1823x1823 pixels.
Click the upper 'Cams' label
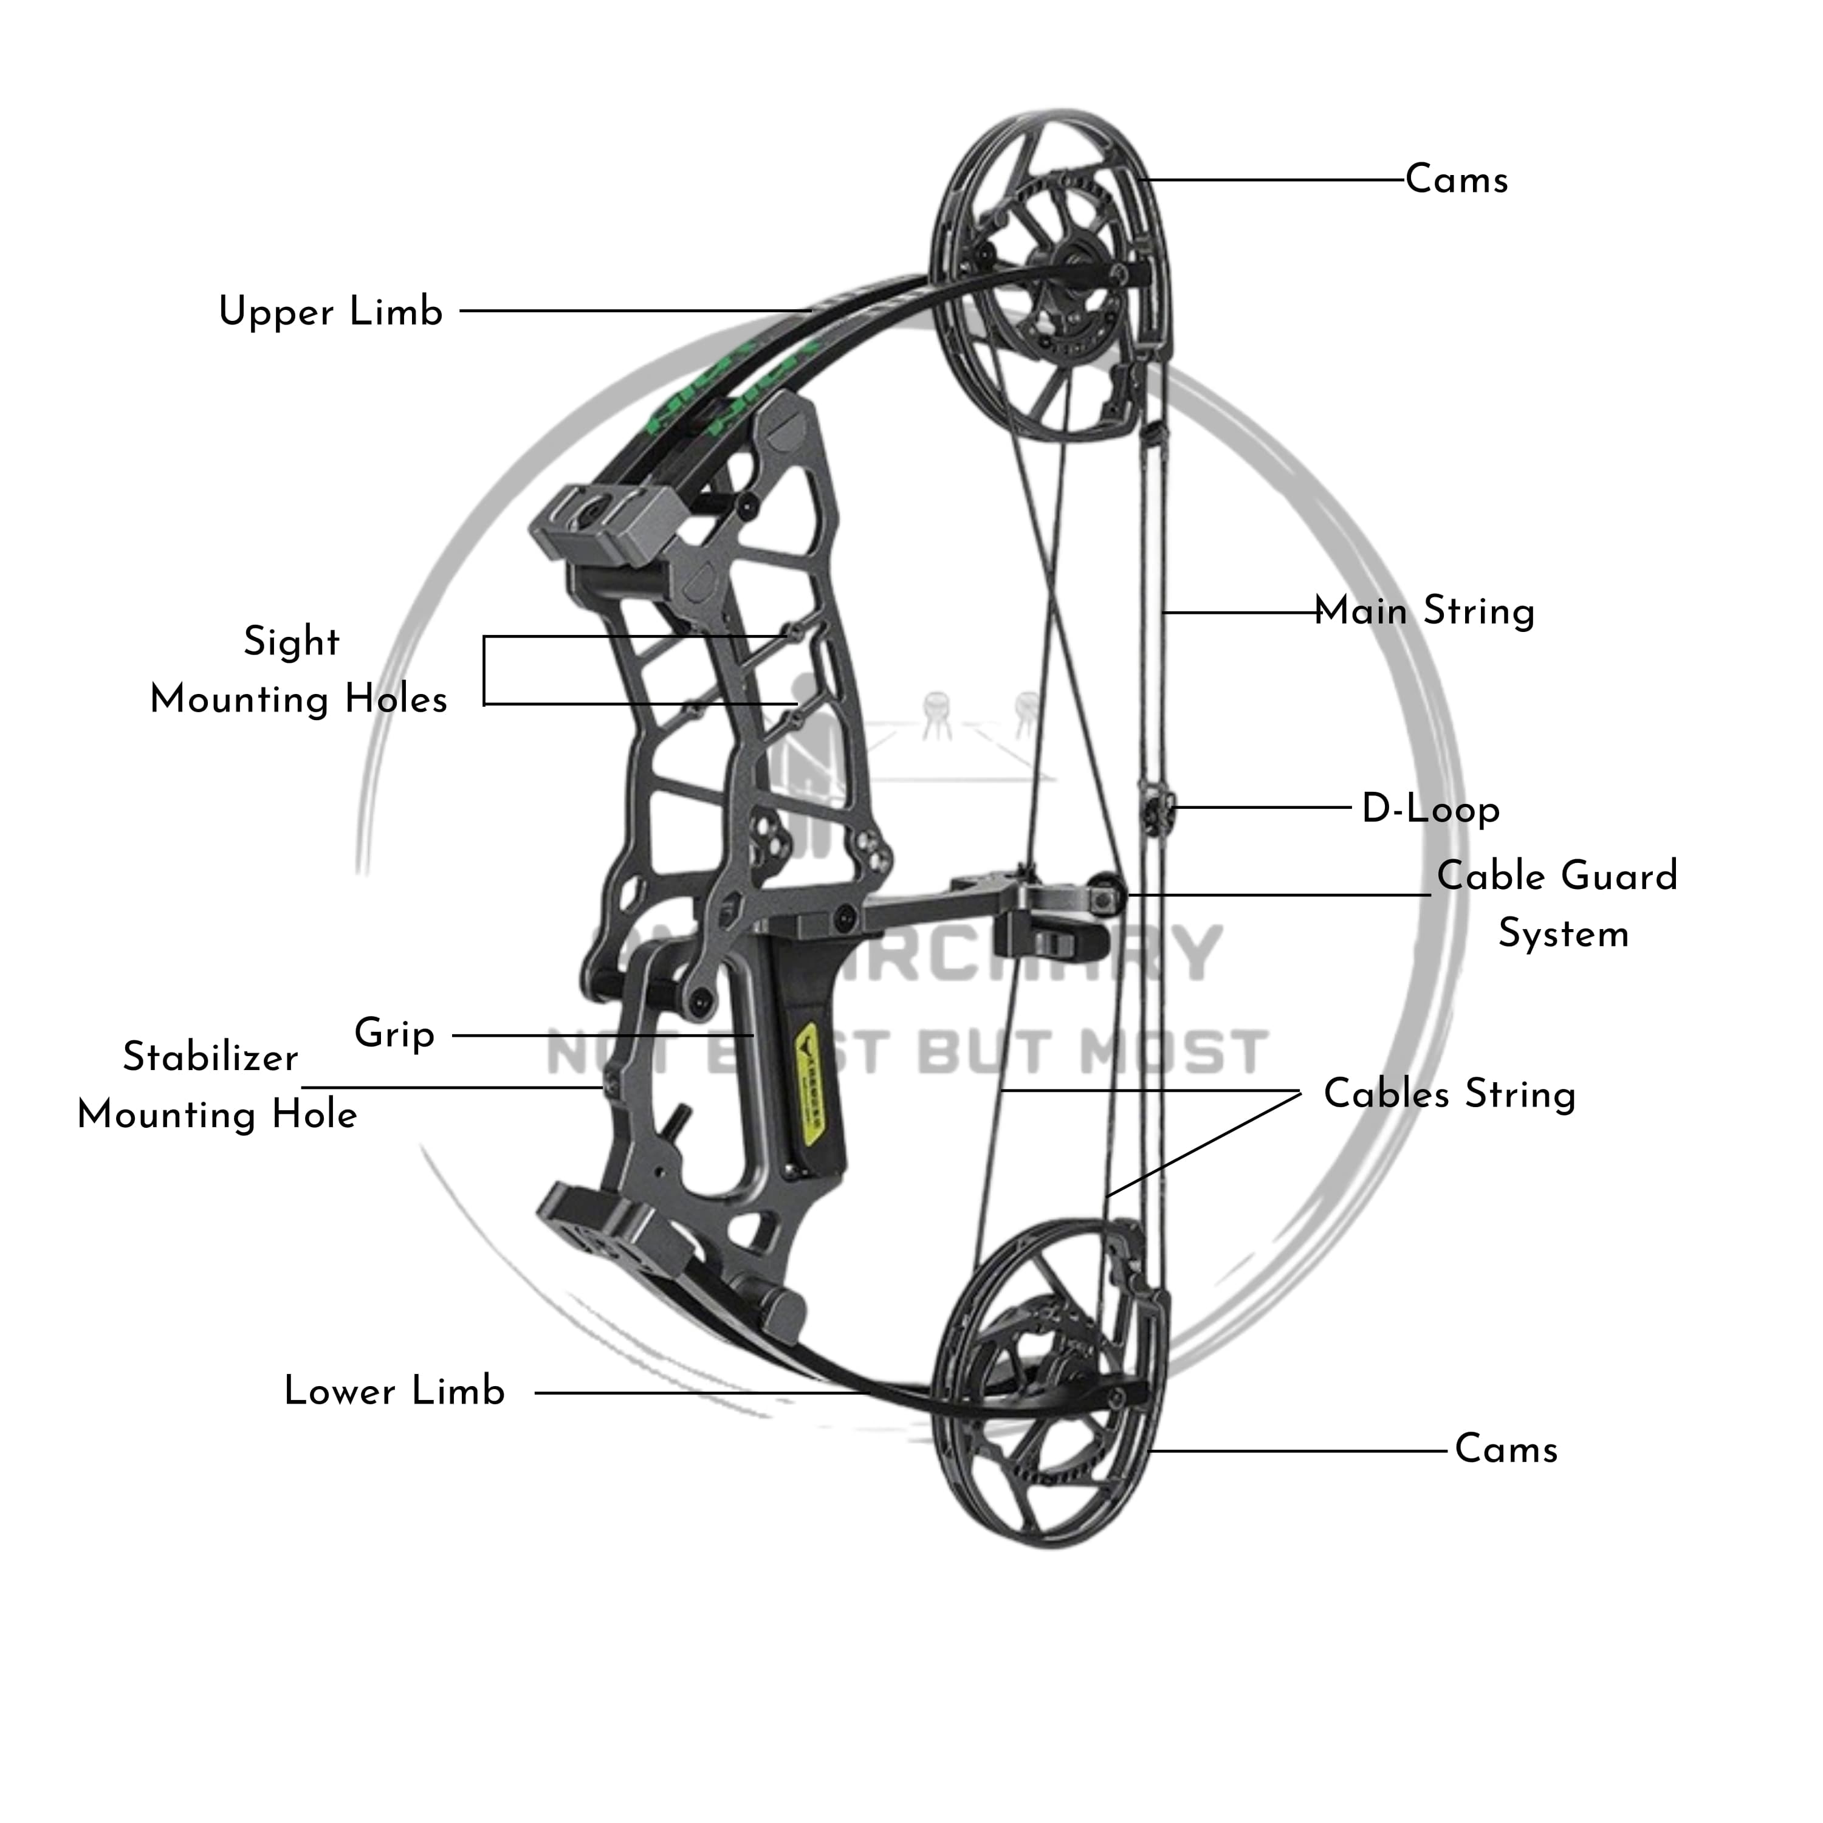1456,179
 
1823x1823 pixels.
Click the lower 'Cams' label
1505,1449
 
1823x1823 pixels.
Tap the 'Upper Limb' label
330,311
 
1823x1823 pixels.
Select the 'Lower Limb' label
394,1392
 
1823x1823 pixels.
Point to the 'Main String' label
1425,611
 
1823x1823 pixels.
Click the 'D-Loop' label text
1430,809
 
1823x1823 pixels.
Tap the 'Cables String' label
1449,1094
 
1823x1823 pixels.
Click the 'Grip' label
394,1033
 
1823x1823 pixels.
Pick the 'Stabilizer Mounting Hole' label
216,1086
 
